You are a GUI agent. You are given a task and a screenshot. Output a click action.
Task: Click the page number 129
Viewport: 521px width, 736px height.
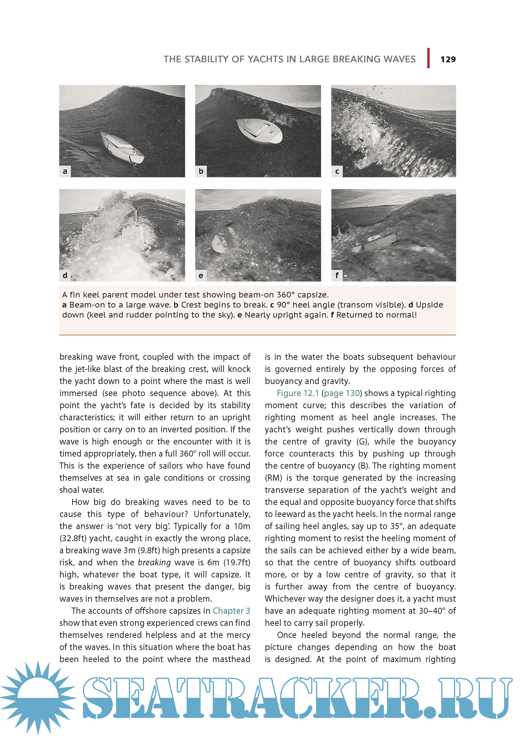click(x=448, y=59)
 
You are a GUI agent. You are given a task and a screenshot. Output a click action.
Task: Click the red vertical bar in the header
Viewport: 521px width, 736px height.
click(x=428, y=58)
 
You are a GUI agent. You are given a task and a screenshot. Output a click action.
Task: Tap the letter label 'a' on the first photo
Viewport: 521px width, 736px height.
click(x=65, y=171)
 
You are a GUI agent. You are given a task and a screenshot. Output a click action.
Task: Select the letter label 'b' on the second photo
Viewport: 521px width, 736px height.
click(x=201, y=171)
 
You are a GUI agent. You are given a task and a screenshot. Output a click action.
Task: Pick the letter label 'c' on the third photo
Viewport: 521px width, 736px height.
click(x=337, y=171)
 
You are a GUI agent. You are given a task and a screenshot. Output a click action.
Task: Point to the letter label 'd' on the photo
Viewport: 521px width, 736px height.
click(x=65, y=275)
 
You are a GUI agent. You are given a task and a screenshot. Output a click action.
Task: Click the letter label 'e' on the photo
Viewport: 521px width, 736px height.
click(x=201, y=275)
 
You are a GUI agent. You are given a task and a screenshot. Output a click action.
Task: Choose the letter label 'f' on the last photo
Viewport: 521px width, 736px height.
click(x=337, y=275)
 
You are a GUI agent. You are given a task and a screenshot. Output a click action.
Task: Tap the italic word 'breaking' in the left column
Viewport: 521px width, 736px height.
click(x=154, y=563)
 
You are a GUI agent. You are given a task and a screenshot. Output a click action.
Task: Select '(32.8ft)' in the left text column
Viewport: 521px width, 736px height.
click(x=73, y=538)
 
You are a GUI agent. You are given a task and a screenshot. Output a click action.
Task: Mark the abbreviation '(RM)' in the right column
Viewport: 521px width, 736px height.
click(x=273, y=478)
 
